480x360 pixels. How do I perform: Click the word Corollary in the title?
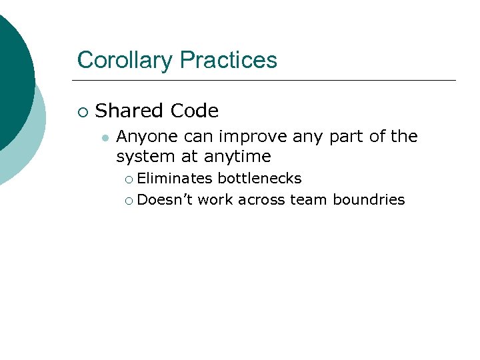[x=125, y=61]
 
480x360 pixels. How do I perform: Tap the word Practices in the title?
[x=228, y=61]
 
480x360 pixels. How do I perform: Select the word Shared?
[x=129, y=110]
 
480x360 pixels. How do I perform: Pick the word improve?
[x=251, y=137]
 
